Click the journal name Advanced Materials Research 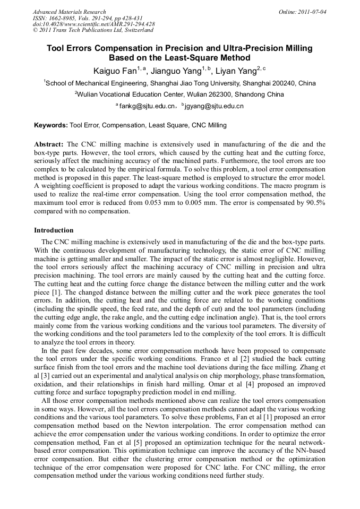point(69,12)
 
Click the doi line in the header point(93,24)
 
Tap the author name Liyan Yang point(232,71)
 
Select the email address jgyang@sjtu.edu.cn point(215,106)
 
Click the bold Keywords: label point(51,126)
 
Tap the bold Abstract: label point(49,144)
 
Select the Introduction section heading point(54,230)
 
